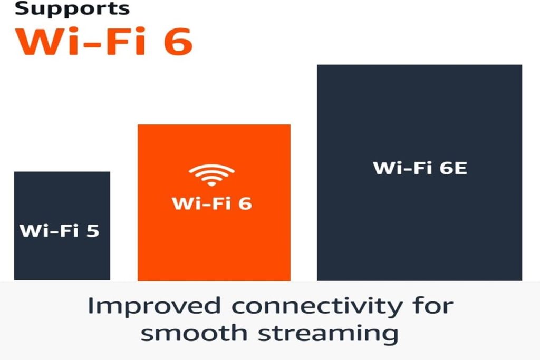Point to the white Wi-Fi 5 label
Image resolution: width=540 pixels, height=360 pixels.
coord(59,231)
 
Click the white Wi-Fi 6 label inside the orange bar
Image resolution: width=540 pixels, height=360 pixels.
coord(212,204)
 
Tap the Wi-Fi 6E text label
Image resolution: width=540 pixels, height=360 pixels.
coord(420,168)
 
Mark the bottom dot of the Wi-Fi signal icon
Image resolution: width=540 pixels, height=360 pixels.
coord(211,184)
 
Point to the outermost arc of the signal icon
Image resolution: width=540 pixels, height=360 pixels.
coord(211,167)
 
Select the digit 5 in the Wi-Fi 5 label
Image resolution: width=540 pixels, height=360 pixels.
coord(93,231)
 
